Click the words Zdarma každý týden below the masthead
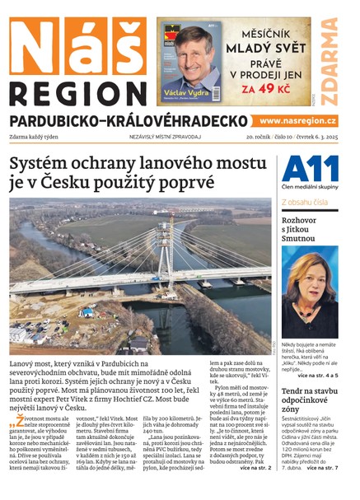(x=41, y=138)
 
